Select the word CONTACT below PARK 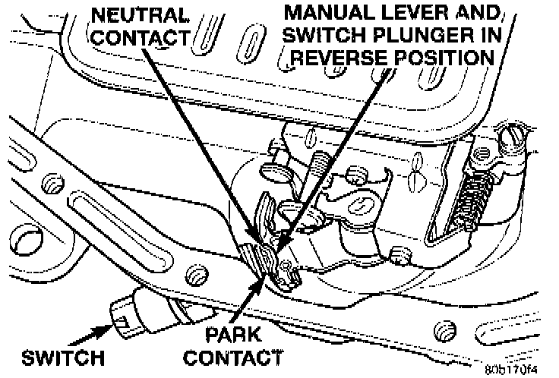pyautogui.click(x=232, y=356)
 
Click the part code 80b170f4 pyautogui.click(x=511, y=370)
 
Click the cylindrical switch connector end pyautogui.click(x=126, y=310)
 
